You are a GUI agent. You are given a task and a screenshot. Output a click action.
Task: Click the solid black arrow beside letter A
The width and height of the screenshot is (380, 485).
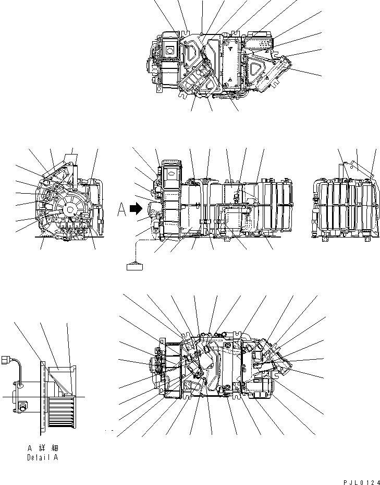pyautogui.click(x=136, y=209)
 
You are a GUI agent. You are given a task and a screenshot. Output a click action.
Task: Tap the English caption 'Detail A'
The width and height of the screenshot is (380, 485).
pyautogui.click(x=42, y=457)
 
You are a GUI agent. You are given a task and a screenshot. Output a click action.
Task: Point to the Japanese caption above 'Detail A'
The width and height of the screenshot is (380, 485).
pyautogui.click(x=42, y=448)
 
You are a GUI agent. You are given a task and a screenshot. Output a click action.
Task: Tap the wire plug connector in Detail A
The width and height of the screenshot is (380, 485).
pyautogui.click(x=7, y=360)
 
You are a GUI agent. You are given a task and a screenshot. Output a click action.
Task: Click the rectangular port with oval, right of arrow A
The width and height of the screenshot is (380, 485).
pyautogui.click(x=170, y=172)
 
